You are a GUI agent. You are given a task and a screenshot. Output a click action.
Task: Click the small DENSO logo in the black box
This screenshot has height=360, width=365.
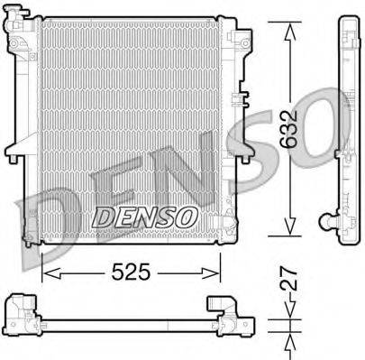pos(145,216)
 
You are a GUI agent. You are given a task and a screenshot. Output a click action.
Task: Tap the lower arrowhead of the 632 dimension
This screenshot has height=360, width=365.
pos(288,231)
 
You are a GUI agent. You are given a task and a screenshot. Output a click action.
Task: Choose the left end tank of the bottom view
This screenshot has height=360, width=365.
pos(23,311)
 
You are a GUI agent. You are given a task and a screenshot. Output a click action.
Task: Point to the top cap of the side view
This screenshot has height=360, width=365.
pos(348,22)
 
